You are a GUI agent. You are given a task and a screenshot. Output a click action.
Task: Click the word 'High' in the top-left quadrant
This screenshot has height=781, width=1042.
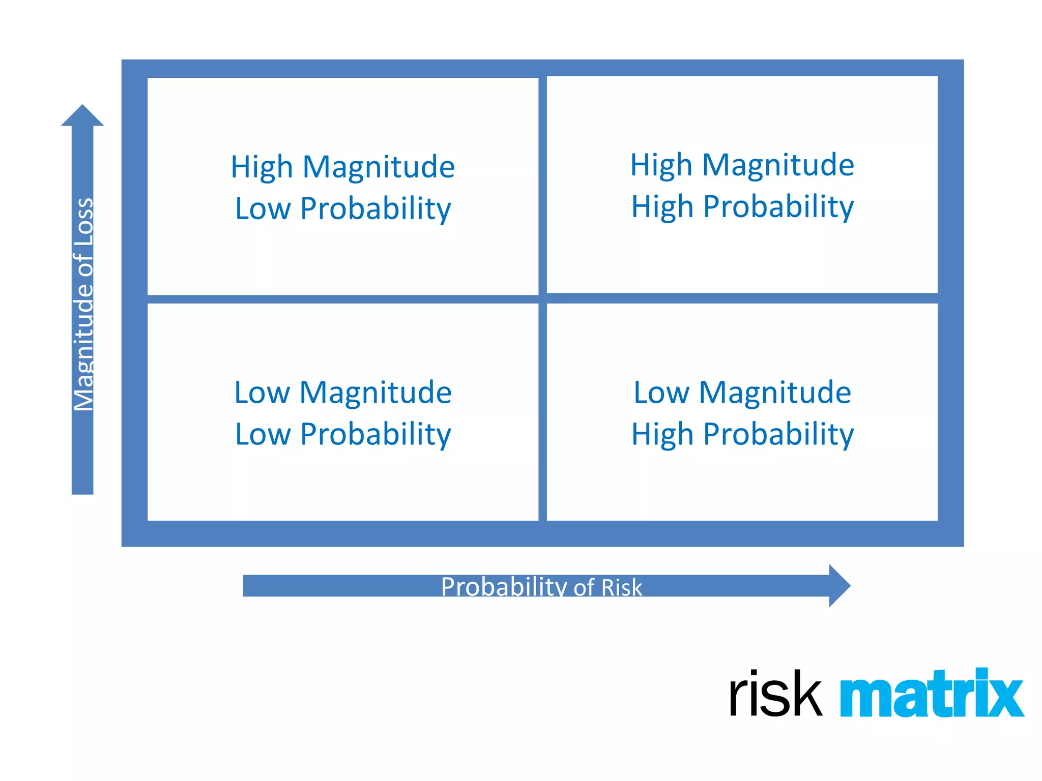point(262,167)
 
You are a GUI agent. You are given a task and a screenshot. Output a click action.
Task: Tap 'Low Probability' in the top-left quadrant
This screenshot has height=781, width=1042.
point(343,208)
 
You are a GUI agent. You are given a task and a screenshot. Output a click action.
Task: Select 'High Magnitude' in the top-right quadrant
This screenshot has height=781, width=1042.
point(742,165)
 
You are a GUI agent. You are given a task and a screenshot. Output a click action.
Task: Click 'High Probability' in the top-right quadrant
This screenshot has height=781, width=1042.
point(742,207)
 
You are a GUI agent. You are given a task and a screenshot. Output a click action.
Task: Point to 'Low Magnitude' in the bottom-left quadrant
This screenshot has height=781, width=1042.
point(343,393)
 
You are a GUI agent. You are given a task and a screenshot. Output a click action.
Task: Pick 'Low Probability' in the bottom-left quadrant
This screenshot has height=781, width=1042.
point(343,434)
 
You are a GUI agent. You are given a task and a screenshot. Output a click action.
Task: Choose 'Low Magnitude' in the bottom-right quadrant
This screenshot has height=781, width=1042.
point(742,393)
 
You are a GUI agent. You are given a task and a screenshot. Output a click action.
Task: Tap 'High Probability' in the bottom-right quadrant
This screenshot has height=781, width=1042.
point(742,434)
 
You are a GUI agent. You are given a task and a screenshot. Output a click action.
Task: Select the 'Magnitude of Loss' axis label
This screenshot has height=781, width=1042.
point(83,304)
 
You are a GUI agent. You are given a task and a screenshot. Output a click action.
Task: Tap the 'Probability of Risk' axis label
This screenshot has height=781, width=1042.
point(541,587)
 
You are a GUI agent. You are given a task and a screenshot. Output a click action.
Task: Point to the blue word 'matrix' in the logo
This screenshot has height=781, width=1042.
point(931,694)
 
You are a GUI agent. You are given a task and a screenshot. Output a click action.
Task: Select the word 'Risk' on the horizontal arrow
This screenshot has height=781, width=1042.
point(621,587)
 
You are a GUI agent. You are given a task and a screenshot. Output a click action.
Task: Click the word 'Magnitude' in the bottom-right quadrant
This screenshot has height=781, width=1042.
point(774,393)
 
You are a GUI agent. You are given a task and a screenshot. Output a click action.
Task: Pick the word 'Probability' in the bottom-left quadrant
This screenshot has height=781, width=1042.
point(375,434)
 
